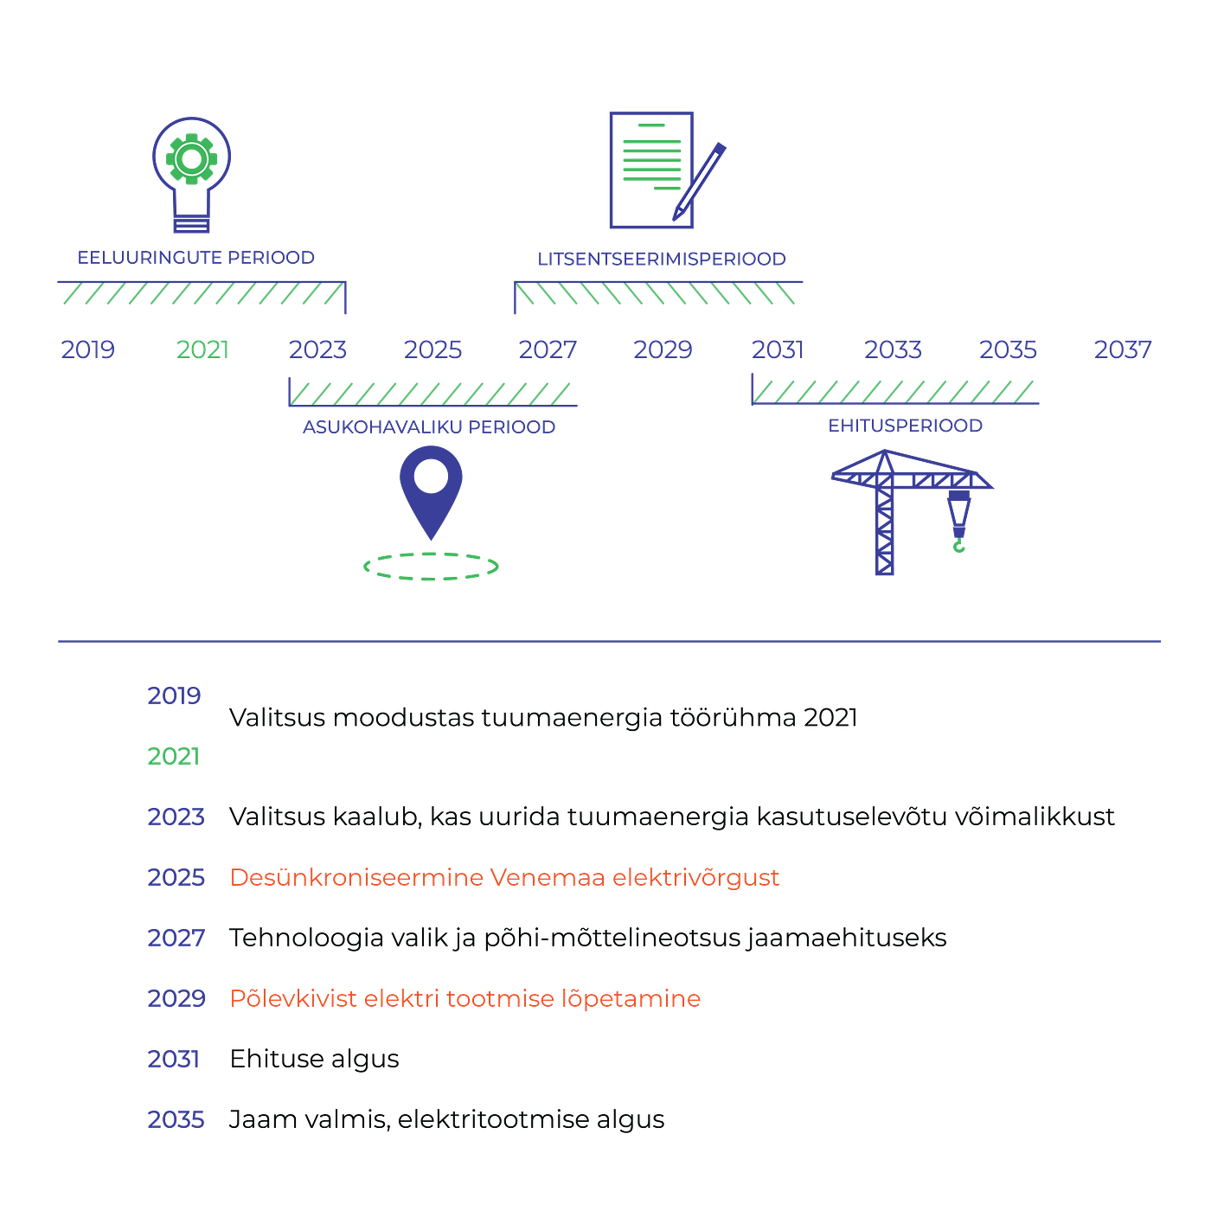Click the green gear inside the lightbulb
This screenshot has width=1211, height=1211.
[x=192, y=159]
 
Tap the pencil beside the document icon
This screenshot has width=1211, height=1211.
[x=700, y=182]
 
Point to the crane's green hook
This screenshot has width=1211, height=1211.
[x=959, y=546]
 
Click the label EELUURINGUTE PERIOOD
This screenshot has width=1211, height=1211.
[x=195, y=258]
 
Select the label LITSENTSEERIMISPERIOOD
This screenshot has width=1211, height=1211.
[x=662, y=259]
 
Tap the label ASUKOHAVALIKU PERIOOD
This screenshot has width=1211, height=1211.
[x=429, y=427]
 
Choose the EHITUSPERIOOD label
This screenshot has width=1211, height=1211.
[x=905, y=426]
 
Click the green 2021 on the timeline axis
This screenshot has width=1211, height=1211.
[x=202, y=349]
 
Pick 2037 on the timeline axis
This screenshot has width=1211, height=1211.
[x=1123, y=349]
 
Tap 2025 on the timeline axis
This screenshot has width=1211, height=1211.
[x=433, y=349]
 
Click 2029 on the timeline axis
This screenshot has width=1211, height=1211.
[x=663, y=349]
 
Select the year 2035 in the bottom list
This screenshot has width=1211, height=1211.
[x=176, y=1119]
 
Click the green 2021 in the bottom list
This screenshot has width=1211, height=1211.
[x=174, y=757]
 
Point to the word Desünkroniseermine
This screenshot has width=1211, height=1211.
[x=355, y=877]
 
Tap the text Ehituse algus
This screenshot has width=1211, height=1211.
[x=314, y=1059]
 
